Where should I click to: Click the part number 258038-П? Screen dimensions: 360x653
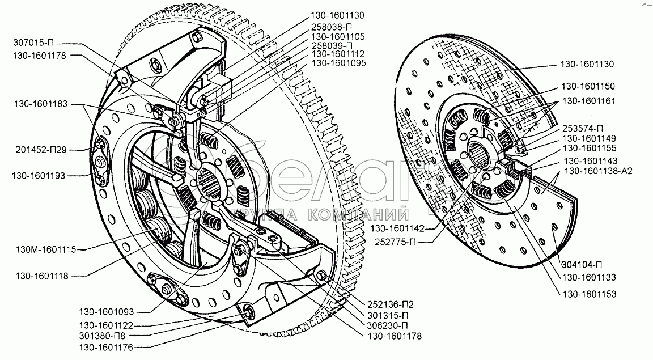[337, 26]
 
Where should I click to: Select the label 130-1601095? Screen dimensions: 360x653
[342, 63]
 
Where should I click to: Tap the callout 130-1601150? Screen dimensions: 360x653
[588, 86]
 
